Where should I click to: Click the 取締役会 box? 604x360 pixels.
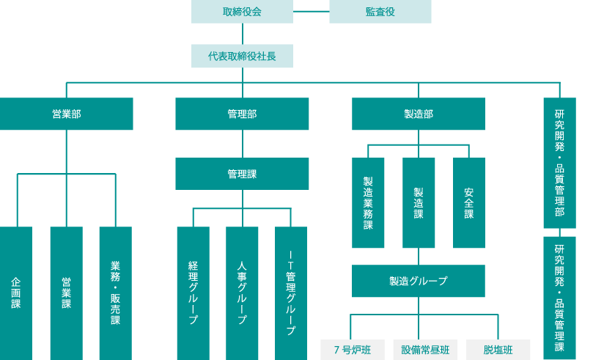(x=242, y=12)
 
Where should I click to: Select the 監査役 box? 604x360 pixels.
(x=380, y=12)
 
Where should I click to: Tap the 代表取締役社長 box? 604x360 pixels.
(x=242, y=56)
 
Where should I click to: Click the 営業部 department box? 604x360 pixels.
(x=66, y=114)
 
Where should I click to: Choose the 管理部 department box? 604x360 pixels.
(x=242, y=114)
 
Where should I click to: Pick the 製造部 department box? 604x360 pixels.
(x=418, y=114)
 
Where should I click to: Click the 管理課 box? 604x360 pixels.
(x=242, y=174)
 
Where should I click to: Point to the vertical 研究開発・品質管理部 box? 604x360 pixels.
(x=559, y=163)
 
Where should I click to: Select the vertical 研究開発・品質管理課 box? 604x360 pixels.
(x=559, y=298)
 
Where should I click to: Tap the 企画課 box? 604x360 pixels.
(x=15, y=293)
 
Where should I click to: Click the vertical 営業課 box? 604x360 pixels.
(x=66, y=293)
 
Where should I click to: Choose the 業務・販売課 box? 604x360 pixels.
(x=115, y=293)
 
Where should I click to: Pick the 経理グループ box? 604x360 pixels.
(x=193, y=293)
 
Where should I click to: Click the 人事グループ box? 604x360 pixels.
(x=242, y=293)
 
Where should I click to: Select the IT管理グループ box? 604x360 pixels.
(x=290, y=293)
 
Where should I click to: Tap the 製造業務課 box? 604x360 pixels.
(x=368, y=203)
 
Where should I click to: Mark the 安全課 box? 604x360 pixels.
(x=468, y=203)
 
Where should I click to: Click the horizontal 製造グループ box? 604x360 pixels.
(x=418, y=281)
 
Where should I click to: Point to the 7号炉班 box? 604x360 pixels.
(x=352, y=350)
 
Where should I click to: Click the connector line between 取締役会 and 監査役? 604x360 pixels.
(x=311, y=11)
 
